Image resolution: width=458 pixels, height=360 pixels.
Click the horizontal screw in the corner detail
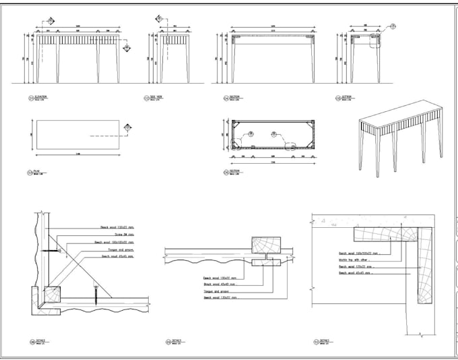53,251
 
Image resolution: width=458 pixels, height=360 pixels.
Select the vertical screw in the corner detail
98,293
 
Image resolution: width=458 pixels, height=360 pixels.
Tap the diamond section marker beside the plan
129,126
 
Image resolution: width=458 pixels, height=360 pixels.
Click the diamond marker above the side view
159,19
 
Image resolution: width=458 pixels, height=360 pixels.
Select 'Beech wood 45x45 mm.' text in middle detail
217,283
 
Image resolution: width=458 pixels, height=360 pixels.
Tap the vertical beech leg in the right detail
424,266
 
